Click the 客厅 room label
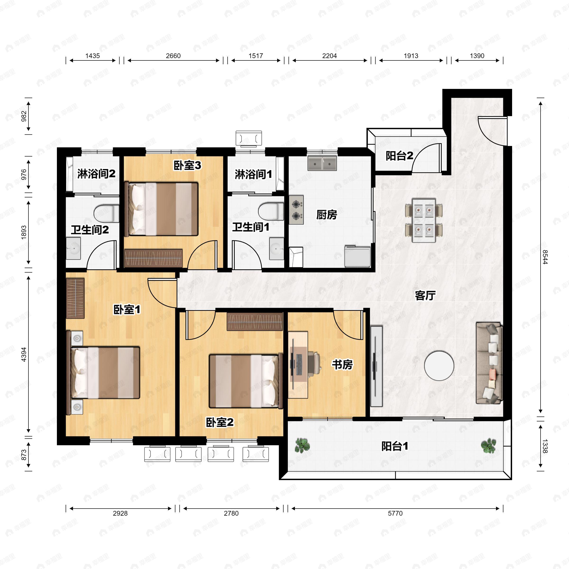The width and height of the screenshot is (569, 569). (x=425, y=295)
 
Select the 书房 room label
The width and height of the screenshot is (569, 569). (x=342, y=365)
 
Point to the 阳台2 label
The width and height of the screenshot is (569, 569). (x=399, y=156)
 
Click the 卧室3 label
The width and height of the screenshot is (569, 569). (x=187, y=165)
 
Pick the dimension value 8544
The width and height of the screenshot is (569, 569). (x=545, y=257)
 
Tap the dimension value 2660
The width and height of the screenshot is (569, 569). (x=173, y=56)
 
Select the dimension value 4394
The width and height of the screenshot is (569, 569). (x=24, y=355)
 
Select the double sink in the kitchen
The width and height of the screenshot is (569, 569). (x=322, y=163)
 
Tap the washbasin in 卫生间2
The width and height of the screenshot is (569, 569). (x=73, y=248)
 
